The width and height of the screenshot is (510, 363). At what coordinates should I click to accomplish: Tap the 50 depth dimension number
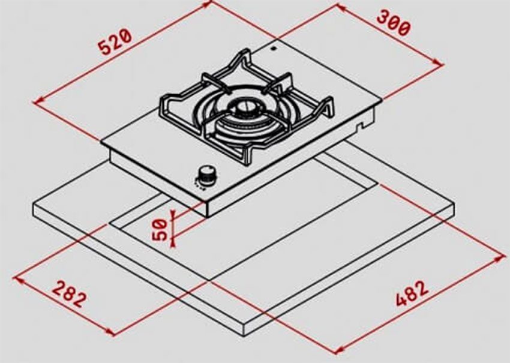pyautogui.click(x=160, y=229)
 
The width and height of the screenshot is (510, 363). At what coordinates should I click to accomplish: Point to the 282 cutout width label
pyautogui.click(x=70, y=292)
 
